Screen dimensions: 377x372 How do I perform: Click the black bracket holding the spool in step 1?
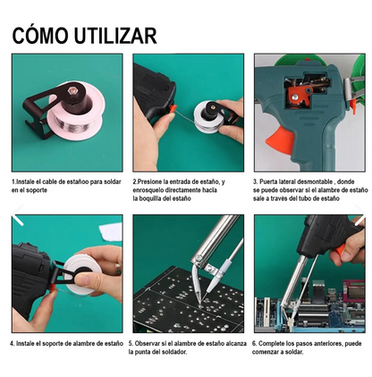click(x=36, y=107)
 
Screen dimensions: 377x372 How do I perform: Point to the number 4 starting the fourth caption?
click(x=13, y=343)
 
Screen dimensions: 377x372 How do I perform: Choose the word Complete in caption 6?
click(x=275, y=343)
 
